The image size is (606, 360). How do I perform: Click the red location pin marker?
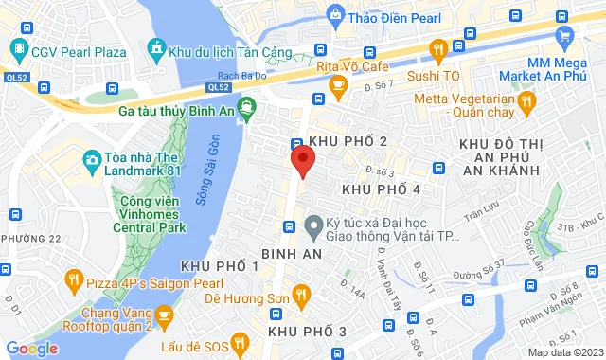(x=302, y=160)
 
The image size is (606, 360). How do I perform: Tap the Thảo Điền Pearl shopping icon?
(x=334, y=13)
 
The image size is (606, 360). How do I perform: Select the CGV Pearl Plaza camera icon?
(x=18, y=46)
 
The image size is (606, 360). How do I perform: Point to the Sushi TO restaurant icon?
(x=437, y=49)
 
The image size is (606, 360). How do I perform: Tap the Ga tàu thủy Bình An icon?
(x=246, y=109)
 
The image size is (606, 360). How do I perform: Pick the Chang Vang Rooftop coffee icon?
(x=165, y=315)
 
